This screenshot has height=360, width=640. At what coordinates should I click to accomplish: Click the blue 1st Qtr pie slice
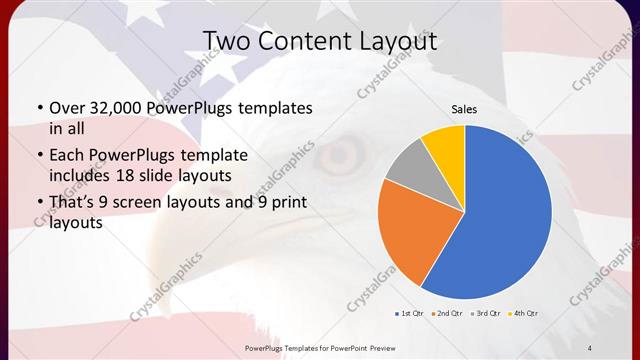(x=505, y=215)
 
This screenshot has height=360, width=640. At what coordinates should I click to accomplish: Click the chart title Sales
(x=464, y=108)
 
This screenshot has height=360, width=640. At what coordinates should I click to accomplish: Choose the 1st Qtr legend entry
(x=409, y=313)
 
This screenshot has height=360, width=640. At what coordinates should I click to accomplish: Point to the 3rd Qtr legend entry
(x=484, y=313)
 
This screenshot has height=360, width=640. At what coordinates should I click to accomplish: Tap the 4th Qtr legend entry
(x=523, y=313)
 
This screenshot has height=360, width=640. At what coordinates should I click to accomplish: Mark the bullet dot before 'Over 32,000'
(x=39, y=108)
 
